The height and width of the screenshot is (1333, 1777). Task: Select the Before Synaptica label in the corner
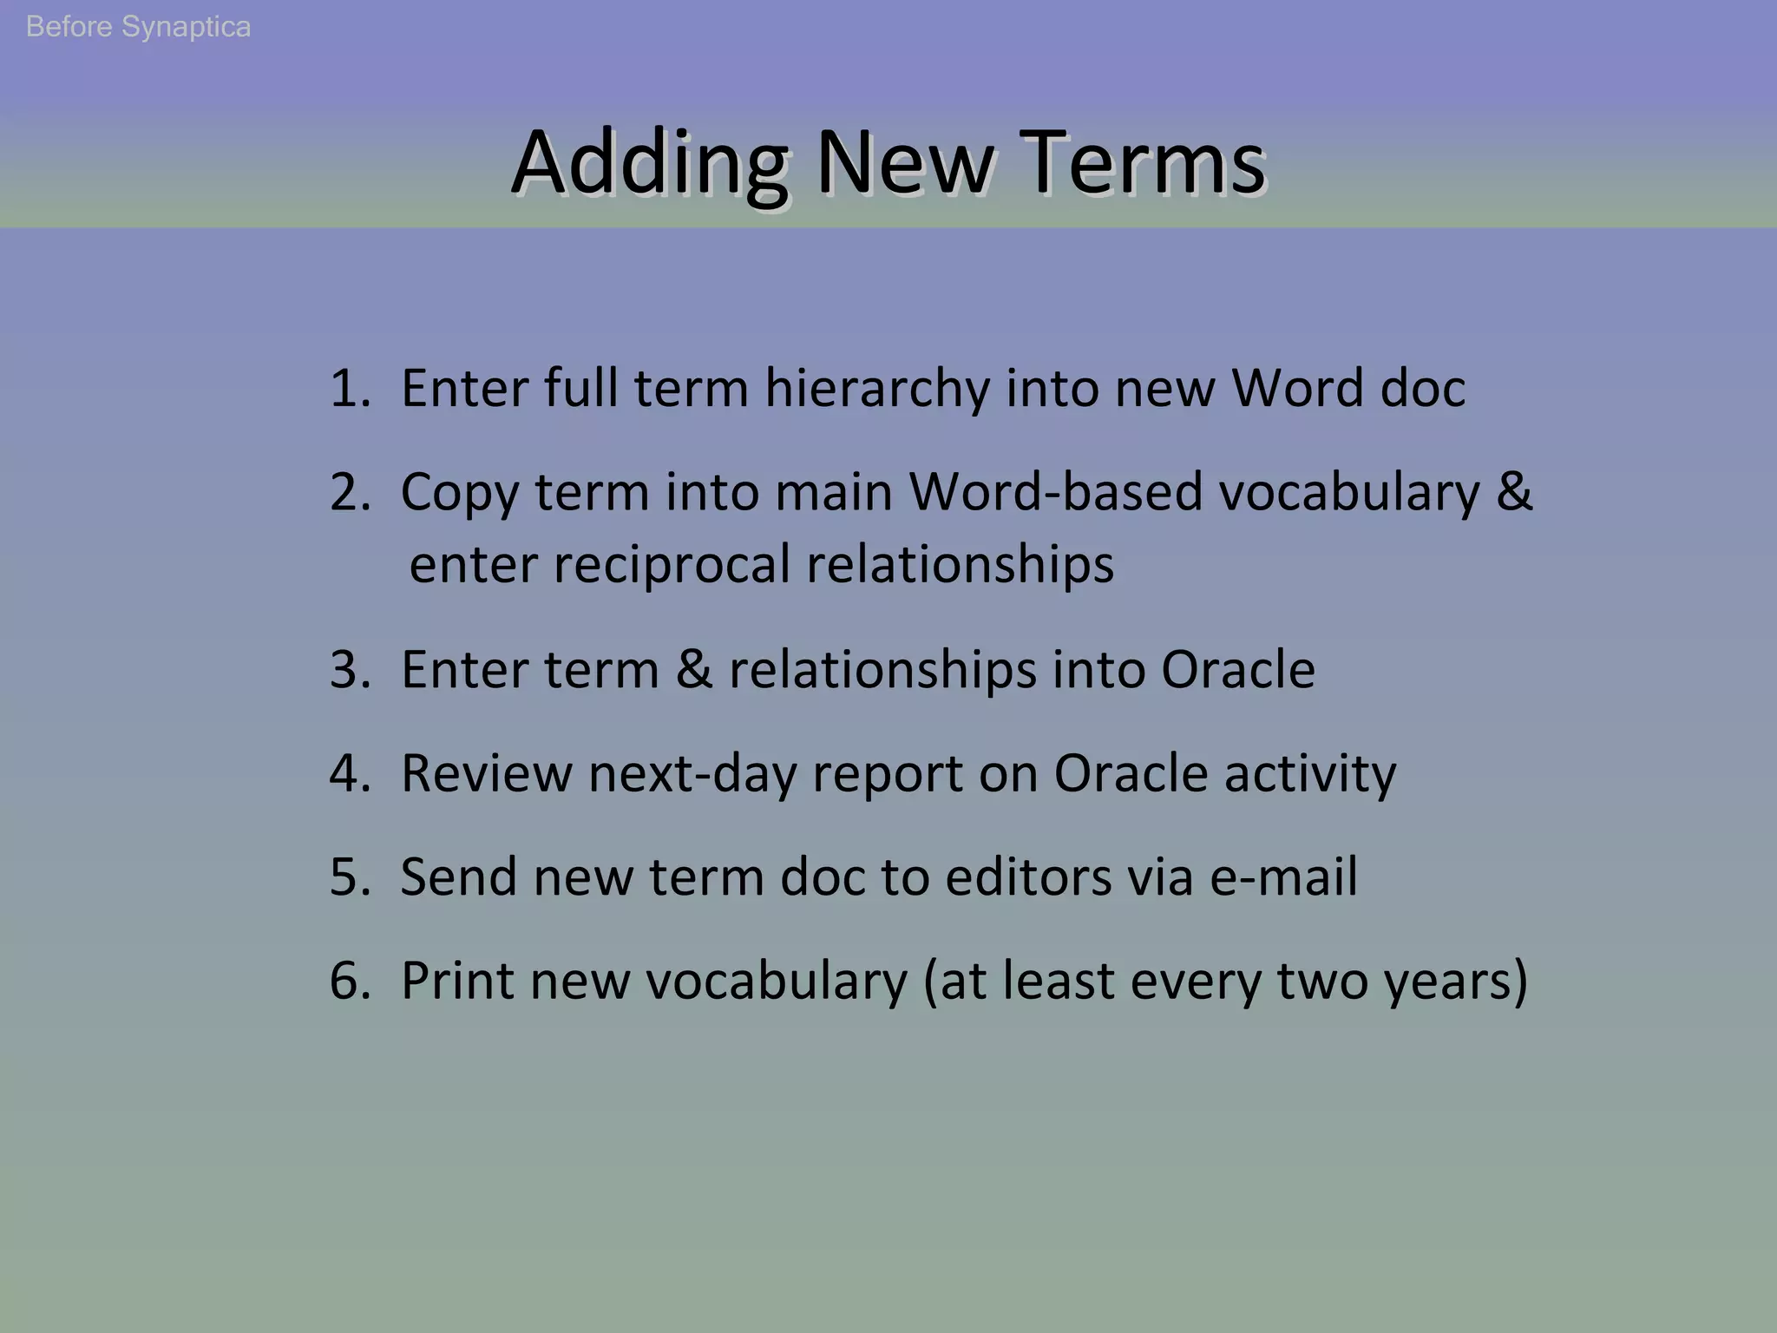[x=138, y=27]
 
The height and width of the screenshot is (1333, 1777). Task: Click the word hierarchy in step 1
[x=876, y=388]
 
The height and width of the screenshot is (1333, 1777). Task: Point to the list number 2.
[x=350, y=492]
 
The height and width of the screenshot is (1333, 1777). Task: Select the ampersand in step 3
[x=694, y=670]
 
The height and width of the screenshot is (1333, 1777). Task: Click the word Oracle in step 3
[x=1238, y=670]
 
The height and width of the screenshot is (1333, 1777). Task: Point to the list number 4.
[x=350, y=773]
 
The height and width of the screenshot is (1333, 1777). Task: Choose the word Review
[x=486, y=773]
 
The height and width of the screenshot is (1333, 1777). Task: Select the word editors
[x=1028, y=877]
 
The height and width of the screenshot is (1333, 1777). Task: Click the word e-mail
[x=1284, y=877]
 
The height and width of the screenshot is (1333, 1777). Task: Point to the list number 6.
[x=350, y=981]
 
